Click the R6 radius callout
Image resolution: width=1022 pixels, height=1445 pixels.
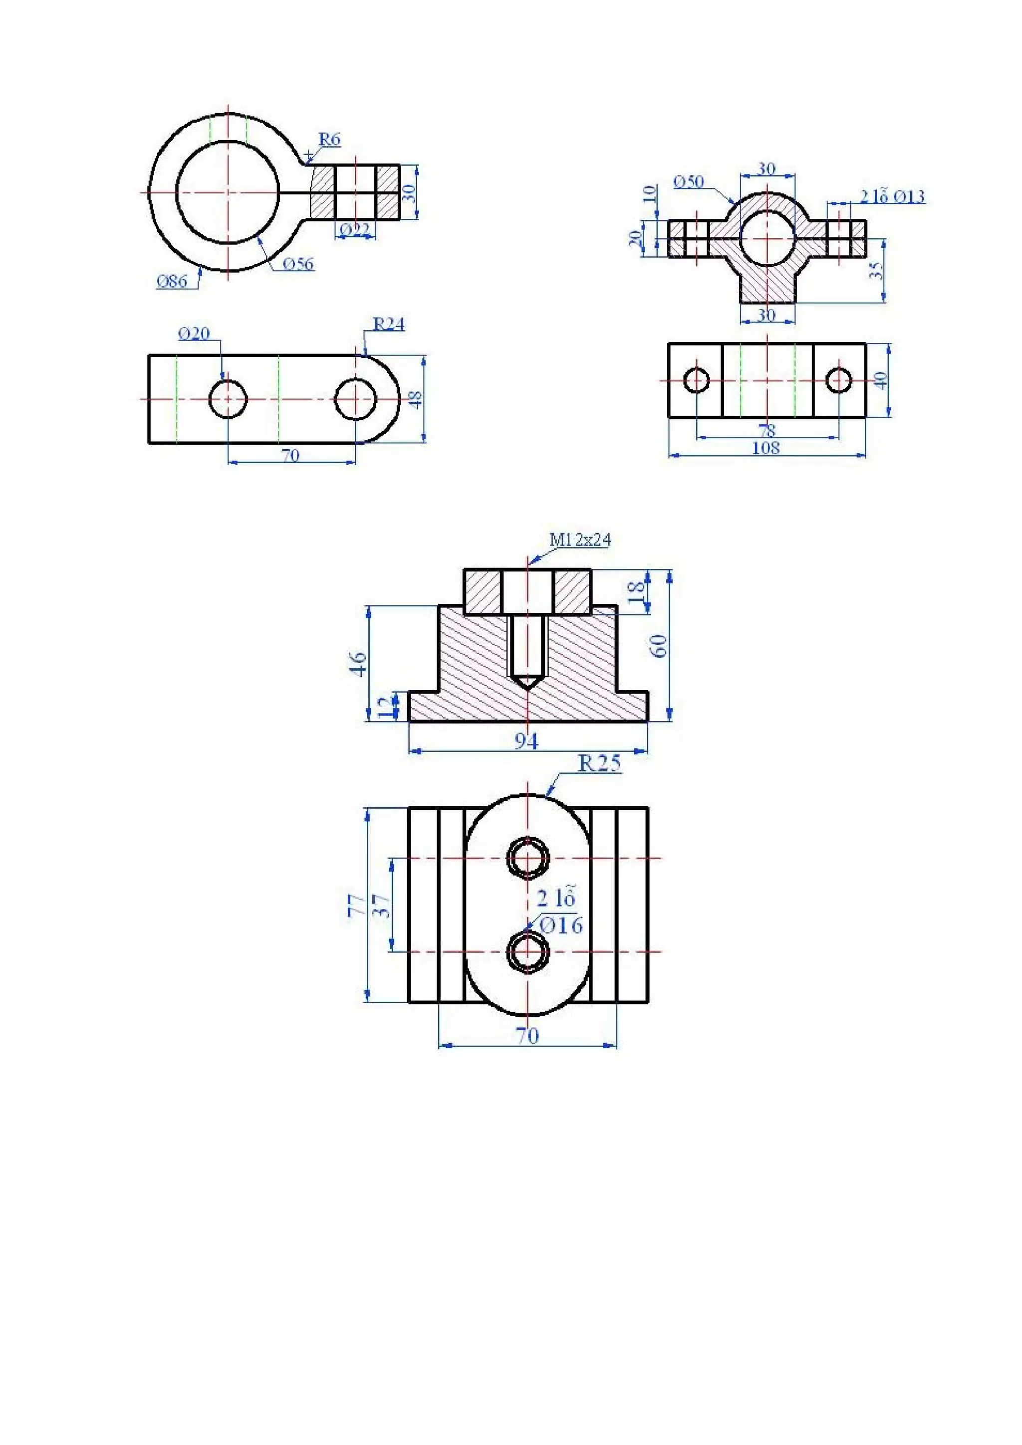[x=329, y=139]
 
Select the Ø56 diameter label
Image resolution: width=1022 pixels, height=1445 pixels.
[x=298, y=264]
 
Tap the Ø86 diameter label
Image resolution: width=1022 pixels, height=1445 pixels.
[x=172, y=281]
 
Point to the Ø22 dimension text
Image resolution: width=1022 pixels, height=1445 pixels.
[x=354, y=230]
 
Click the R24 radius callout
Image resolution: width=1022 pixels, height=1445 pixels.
[x=389, y=325]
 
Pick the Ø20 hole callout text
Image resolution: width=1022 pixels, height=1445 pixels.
[x=194, y=334]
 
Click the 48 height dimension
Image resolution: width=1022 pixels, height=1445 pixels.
[x=416, y=399]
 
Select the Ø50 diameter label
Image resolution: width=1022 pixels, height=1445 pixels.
[x=688, y=182]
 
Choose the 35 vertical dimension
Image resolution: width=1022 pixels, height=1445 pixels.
[x=876, y=271]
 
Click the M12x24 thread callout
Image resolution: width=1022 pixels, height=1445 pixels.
[x=580, y=540]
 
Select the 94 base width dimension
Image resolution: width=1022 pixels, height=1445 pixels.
[x=526, y=741]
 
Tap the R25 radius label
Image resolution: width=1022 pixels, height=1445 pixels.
[x=599, y=763]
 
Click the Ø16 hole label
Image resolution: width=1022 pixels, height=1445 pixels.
[x=561, y=925]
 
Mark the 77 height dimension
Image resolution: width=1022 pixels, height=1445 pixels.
[x=356, y=904]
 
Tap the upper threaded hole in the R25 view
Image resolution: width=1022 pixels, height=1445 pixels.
[x=527, y=858]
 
